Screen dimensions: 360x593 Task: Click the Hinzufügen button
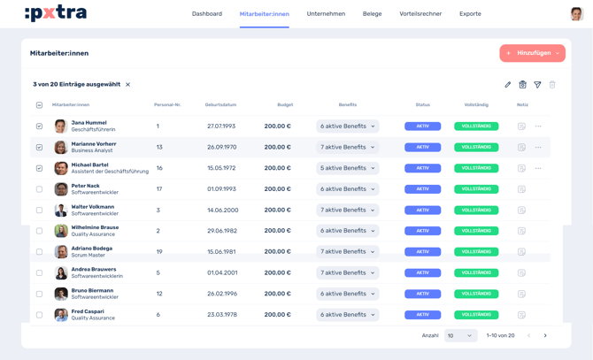[532, 53]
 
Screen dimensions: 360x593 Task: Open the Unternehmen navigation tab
[326, 14]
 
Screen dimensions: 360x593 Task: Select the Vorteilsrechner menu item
[420, 14]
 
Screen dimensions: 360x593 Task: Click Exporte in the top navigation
[470, 14]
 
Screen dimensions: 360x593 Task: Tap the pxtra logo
[56, 13]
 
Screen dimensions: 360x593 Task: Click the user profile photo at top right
[576, 13]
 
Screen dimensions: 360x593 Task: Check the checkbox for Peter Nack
[39, 189]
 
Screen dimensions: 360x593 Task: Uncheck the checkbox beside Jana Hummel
[39, 126]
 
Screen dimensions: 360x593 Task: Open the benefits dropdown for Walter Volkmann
[348, 210]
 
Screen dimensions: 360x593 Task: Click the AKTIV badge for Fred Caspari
[422, 315]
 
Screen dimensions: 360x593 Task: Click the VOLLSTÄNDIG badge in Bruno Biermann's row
[476, 294]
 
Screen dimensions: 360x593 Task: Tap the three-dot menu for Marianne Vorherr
[538, 148]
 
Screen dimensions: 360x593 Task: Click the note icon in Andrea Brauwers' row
[521, 273]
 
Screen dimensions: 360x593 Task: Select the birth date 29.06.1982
[221, 231]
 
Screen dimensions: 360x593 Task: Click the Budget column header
[284, 105]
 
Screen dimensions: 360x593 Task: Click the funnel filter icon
[537, 85]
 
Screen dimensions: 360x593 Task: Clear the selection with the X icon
[128, 85]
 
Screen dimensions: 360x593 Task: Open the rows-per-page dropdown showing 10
[460, 336]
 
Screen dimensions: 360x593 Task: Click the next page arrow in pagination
[545, 336]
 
